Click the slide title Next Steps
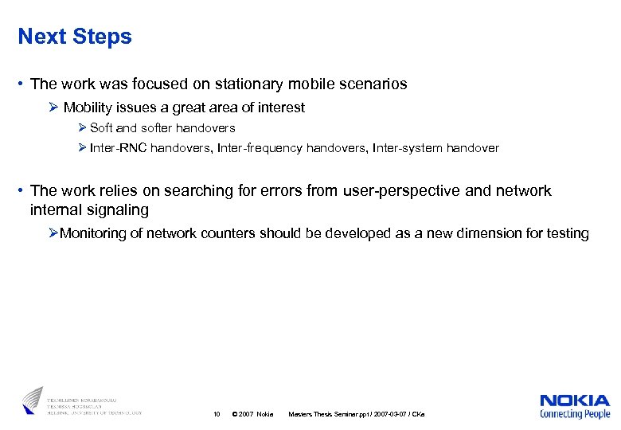pyautogui.click(x=75, y=37)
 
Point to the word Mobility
pyautogui.click(x=88, y=107)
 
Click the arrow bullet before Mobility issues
pyautogui.click(x=54, y=107)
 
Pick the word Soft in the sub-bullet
pyautogui.click(x=102, y=128)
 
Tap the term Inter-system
pyautogui.click(x=410, y=148)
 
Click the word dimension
pyautogui.click(x=495, y=233)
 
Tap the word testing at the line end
pyautogui.click(x=568, y=233)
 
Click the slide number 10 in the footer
pyautogui.click(x=217, y=414)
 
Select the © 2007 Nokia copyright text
pyautogui.click(x=251, y=414)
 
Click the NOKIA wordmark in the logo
pyautogui.click(x=574, y=401)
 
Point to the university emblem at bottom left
pyautogui.click(x=33, y=400)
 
